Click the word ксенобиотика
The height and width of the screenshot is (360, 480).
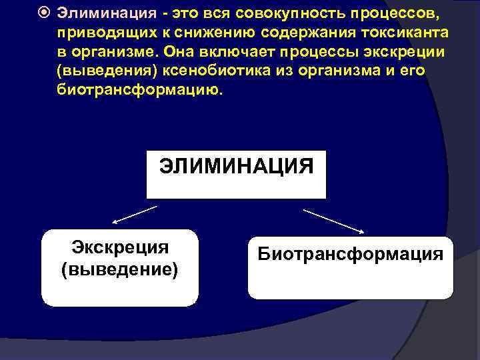click(201, 71)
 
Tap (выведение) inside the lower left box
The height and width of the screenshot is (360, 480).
click(120, 270)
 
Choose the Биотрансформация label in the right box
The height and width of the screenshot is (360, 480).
click(350, 254)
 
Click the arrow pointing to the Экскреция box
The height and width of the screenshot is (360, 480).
click(134, 215)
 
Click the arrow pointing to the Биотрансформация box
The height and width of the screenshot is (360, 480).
click(333, 221)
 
